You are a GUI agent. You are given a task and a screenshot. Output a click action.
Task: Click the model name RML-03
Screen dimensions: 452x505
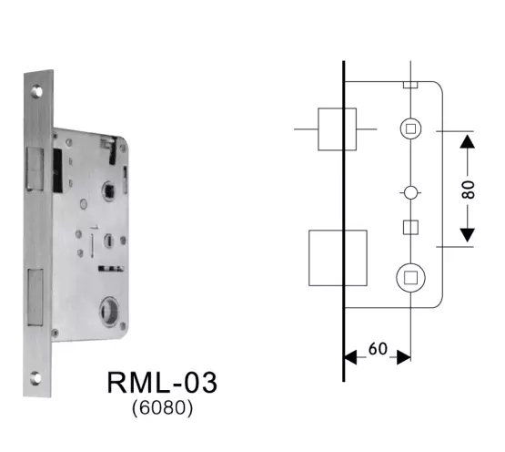(x=163, y=382)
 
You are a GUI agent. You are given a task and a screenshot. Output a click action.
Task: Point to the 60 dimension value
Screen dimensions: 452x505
(x=377, y=348)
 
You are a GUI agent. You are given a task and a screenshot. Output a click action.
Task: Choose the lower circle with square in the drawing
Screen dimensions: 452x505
(x=410, y=276)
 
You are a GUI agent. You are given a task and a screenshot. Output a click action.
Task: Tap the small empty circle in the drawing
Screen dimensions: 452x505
(x=410, y=193)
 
